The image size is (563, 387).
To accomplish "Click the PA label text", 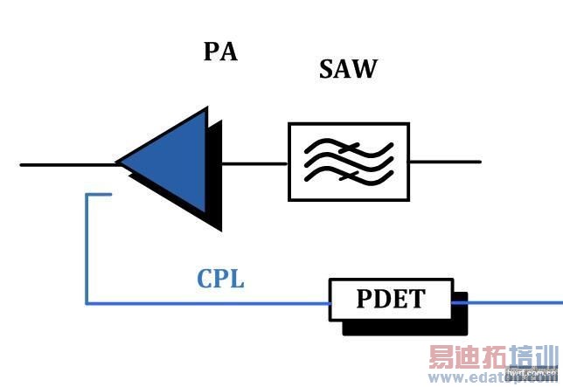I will click(220, 52).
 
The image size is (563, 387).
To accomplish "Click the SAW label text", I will click(347, 70).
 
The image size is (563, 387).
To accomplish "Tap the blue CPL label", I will click(220, 280).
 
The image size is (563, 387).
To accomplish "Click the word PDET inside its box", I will click(390, 300).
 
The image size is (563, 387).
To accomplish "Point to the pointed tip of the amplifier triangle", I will click(118, 162).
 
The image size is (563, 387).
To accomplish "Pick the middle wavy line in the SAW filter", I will click(348, 162).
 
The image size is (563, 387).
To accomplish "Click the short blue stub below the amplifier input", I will click(99, 195).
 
